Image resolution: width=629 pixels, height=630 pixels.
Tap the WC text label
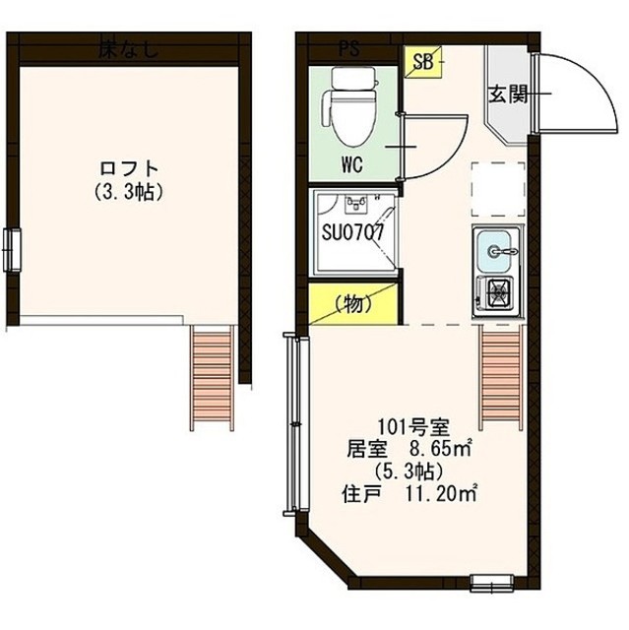pyautogui.click(x=353, y=164)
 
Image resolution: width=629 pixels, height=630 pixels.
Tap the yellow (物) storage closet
pyautogui.click(x=352, y=304)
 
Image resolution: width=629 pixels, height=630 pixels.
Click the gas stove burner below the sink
pyautogui.click(x=496, y=293)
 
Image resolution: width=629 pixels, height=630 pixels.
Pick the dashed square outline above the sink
pyautogui.click(x=497, y=189)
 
